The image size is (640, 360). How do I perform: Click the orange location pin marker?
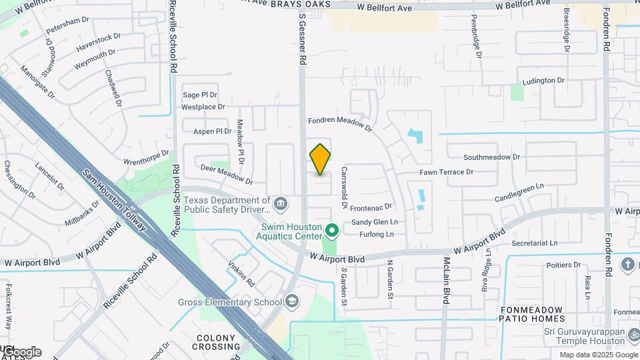320,159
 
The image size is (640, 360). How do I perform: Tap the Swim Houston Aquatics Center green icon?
332,231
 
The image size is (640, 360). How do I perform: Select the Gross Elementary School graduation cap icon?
291,302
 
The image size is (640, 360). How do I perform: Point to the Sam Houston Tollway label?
115,200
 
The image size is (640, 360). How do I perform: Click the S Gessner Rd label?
302,40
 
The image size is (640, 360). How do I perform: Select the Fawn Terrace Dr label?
446,172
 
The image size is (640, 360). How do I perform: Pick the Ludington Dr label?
543,81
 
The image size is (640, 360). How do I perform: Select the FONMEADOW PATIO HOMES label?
531,314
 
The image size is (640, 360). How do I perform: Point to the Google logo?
22,351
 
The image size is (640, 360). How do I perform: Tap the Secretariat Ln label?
531,243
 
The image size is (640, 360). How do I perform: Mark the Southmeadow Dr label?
491,157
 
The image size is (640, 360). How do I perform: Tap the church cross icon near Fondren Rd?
627,265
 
